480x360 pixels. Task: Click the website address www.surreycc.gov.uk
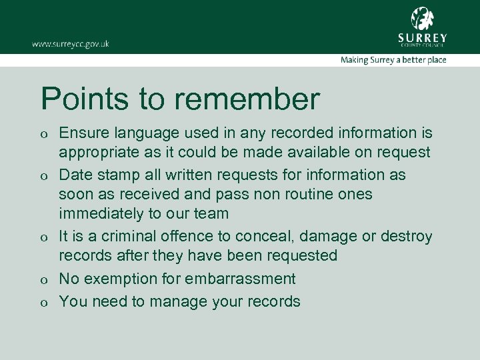tap(70, 44)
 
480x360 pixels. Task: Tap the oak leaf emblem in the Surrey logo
tap(422, 18)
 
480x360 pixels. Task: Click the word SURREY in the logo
tap(422, 37)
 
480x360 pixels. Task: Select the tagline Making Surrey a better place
tap(393, 60)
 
